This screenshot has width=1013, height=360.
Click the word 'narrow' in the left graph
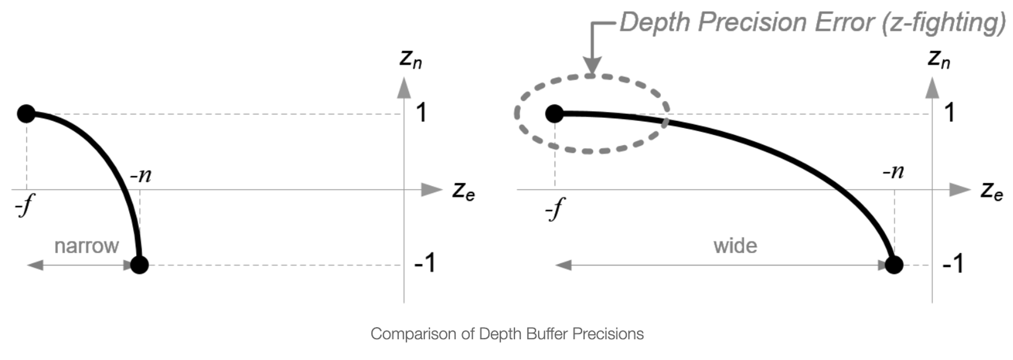(86, 246)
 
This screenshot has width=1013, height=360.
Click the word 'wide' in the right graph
(735, 246)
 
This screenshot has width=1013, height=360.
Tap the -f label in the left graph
(24, 207)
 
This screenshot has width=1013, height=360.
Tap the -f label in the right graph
(555, 209)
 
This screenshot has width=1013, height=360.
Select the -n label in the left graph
(140, 175)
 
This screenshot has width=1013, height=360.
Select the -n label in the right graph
(892, 172)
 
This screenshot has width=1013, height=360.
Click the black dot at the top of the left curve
(26, 113)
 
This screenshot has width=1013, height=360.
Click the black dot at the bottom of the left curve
(139, 264)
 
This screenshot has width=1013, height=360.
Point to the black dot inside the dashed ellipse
(555, 113)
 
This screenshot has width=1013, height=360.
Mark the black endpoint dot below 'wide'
(894, 264)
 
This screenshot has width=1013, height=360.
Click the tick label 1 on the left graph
(421, 112)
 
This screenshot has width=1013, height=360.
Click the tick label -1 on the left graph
(424, 263)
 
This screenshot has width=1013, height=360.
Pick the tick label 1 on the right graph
(950, 112)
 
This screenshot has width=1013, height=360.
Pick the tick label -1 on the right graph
(953, 263)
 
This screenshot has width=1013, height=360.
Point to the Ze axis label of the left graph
(463, 191)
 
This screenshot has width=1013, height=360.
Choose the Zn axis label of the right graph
(939, 60)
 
